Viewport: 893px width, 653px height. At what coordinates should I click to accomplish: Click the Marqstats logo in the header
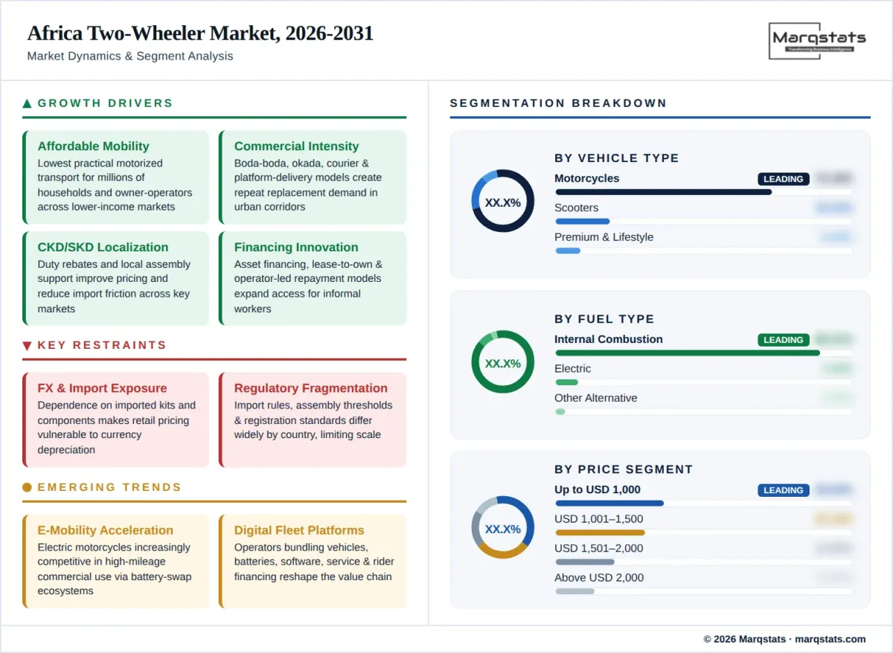point(818,40)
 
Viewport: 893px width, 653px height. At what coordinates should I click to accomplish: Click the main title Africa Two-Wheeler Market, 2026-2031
point(200,33)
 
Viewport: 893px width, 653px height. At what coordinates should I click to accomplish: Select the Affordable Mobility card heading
point(93,147)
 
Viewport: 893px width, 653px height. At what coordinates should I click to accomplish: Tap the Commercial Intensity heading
point(296,147)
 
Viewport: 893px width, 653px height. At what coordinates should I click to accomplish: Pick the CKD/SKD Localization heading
point(103,248)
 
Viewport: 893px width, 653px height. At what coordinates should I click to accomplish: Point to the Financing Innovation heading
point(296,248)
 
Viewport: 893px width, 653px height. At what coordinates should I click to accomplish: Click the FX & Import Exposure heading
point(102,388)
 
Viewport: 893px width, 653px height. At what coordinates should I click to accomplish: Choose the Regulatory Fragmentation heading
point(310,388)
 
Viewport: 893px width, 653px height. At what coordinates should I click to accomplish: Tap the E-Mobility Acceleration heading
point(105,530)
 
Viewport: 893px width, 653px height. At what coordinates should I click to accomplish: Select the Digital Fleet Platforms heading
point(299,530)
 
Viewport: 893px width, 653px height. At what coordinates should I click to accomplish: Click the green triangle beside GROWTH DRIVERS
point(28,103)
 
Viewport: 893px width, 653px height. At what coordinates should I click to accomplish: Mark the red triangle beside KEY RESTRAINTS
point(28,345)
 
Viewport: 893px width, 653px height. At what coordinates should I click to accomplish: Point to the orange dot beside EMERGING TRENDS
point(28,487)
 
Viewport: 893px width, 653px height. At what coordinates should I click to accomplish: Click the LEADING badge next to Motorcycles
point(783,179)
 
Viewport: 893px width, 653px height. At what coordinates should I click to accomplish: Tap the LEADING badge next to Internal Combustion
point(783,340)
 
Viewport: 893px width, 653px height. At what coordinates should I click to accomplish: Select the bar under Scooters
point(583,221)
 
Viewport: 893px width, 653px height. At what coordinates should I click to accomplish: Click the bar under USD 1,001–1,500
point(600,533)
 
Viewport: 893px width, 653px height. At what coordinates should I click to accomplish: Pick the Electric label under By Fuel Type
point(572,369)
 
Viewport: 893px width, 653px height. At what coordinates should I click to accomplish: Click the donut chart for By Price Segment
point(502,527)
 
